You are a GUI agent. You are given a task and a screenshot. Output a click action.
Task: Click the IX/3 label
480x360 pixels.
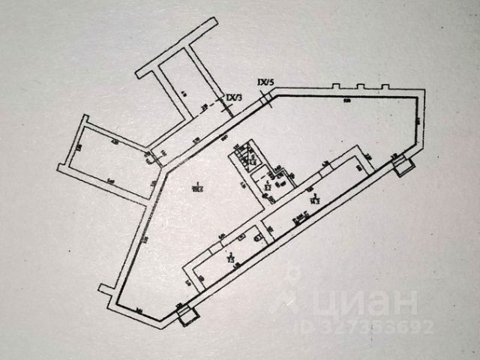point(234,97)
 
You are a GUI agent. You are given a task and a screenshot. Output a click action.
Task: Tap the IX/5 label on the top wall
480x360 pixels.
point(265,81)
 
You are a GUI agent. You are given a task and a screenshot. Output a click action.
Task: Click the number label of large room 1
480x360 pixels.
point(197,184)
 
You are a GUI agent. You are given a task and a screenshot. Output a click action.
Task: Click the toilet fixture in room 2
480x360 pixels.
point(241,238)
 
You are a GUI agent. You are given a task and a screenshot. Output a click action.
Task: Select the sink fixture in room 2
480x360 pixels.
point(257,238)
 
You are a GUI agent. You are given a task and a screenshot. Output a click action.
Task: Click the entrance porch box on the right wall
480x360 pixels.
point(403,164)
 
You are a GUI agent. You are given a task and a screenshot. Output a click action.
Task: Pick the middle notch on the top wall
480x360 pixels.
point(361,87)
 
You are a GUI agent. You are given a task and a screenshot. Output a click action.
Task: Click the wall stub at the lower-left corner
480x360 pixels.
point(104,289)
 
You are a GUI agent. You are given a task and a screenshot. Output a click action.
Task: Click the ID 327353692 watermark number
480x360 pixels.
point(375,327)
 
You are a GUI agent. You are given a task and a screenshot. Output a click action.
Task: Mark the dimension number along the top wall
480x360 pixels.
point(346,100)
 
